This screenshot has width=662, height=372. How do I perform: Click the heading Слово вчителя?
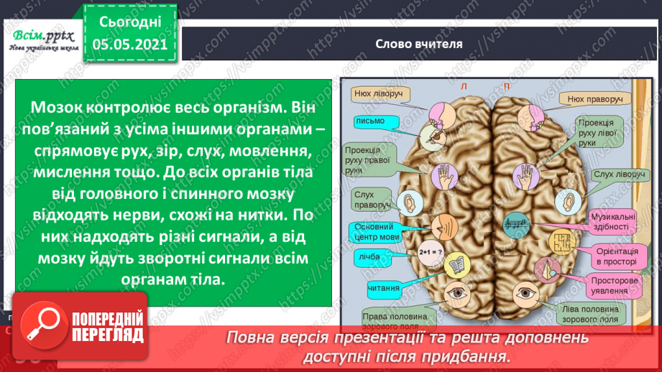(x=419, y=43)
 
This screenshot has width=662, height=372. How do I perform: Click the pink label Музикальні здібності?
(x=612, y=222)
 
